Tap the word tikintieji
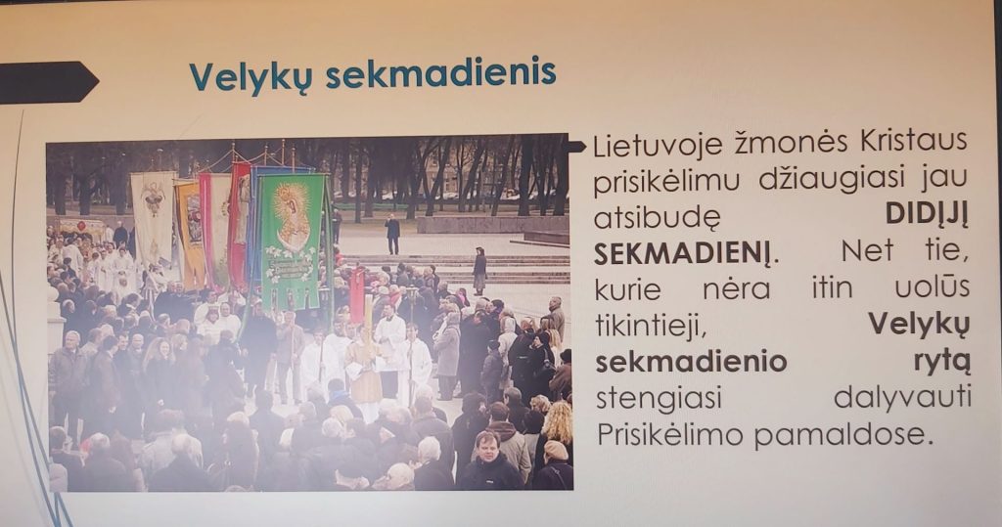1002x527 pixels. coord(651,326)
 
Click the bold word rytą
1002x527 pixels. coord(942,362)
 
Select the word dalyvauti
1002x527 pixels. coord(902,398)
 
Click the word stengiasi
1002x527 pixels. coord(659,399)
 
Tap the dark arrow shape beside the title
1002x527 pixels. coord(48,82)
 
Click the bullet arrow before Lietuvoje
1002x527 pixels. coord(576,147)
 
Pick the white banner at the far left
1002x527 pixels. coord(154,218)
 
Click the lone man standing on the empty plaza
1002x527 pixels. coord(392,235)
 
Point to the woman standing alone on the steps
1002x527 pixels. coord(479,271)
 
